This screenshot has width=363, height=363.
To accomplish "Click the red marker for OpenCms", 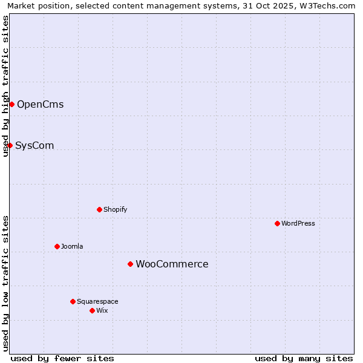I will point(11,104).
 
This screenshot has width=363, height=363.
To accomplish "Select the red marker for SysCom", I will point(10,145).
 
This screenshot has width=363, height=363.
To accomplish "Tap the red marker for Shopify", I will point(99,209).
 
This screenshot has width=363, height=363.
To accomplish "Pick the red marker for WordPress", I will point(277,223).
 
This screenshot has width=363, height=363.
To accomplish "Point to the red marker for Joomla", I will point(57,246).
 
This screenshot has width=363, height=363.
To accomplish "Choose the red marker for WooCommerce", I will point(130,264).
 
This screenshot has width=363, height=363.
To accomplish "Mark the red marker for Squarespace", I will point(73,301).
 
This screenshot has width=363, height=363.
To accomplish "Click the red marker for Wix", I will point(92,310).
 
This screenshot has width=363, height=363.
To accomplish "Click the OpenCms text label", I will point(40,104).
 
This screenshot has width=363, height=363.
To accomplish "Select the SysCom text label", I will point(34,145).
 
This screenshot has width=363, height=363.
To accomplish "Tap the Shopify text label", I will point(115,209).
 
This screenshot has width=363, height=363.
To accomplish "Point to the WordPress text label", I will point(298,223).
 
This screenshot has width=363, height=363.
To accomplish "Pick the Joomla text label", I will point(72,246).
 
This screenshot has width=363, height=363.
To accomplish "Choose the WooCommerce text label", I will point(172,264).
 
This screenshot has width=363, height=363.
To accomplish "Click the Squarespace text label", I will point(97,301).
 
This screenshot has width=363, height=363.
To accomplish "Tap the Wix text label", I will point(102,310).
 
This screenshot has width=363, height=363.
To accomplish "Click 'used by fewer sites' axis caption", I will point(62,358).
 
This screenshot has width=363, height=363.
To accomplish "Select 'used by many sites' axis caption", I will point(304,358).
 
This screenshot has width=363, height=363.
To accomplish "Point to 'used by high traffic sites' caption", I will point(5,86).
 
